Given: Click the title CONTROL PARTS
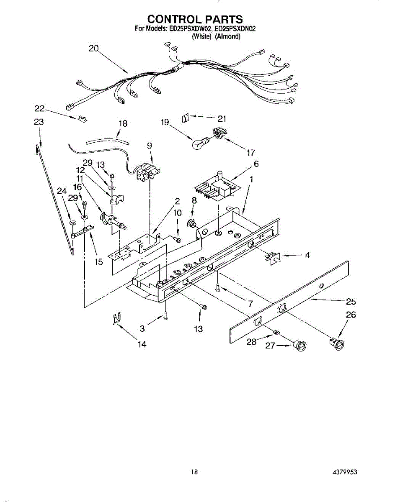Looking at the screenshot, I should click(195, 19).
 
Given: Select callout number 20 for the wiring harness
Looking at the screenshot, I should click(93, 48).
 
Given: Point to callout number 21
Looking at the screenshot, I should click(222, 118).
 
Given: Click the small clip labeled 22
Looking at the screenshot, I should click(81, 120).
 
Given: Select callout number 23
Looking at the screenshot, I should click(39, 122).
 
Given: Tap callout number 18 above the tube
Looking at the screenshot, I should click(123, 124).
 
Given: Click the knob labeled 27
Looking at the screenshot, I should click(300, 346).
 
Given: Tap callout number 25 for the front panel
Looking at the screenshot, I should click(351, 301).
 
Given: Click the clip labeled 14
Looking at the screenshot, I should click(117, 320).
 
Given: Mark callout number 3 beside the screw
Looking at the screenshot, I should click(142, 329).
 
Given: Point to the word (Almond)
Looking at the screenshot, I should click(228, 36).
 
